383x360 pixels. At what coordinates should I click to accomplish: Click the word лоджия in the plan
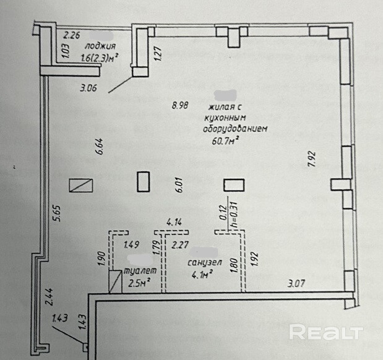point(101,46)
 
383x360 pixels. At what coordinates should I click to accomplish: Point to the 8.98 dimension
point(179,105)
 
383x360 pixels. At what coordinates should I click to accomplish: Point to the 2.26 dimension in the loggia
point(74,34)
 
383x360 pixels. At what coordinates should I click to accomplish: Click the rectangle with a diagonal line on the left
point(81,185)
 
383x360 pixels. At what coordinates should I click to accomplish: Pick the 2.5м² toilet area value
point(139,284)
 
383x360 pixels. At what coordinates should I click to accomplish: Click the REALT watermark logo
point(325,333)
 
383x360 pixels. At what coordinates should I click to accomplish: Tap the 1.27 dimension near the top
point(158,54)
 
